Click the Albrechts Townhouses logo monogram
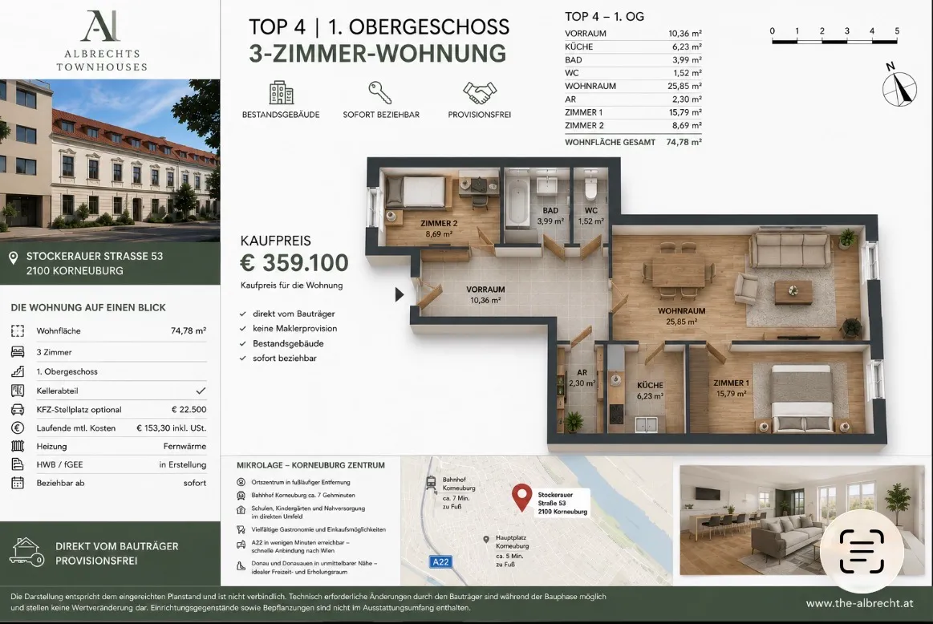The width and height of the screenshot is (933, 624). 100,26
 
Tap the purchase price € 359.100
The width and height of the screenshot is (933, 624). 294,262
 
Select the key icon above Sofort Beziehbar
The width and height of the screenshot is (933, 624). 379,93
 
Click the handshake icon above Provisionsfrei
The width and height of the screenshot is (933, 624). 480,93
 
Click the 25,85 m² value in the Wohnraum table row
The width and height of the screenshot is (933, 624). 684,86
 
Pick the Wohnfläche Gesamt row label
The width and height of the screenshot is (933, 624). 610,142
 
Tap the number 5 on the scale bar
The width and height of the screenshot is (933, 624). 897,31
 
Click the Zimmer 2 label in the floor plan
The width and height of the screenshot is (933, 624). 439,224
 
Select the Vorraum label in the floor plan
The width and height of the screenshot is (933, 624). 485,290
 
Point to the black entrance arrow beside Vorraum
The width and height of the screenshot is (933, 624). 400,294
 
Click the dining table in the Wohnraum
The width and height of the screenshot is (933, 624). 679,272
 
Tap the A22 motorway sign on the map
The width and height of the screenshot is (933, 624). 440,561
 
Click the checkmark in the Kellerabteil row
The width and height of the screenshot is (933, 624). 201,391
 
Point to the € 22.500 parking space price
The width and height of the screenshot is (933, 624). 189,409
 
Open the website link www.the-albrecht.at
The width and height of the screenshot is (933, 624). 859,603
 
